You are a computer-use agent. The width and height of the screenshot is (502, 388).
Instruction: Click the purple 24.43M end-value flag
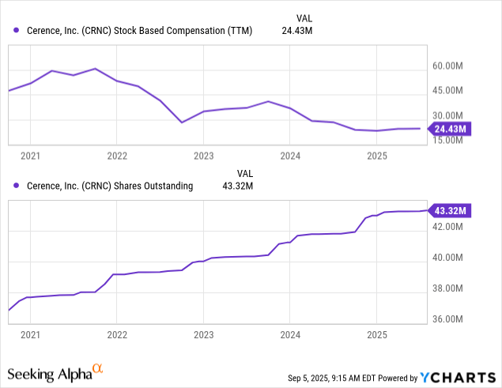(450, 129)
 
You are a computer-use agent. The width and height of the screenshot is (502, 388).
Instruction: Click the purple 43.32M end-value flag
(450, 210)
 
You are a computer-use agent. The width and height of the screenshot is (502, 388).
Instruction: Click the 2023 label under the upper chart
(203, 156)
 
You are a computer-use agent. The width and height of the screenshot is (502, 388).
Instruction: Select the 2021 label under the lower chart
(30, 335)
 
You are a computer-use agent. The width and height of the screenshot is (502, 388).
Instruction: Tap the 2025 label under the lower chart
(377, 335)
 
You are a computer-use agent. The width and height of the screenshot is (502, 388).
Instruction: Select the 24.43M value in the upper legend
(297, 31)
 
